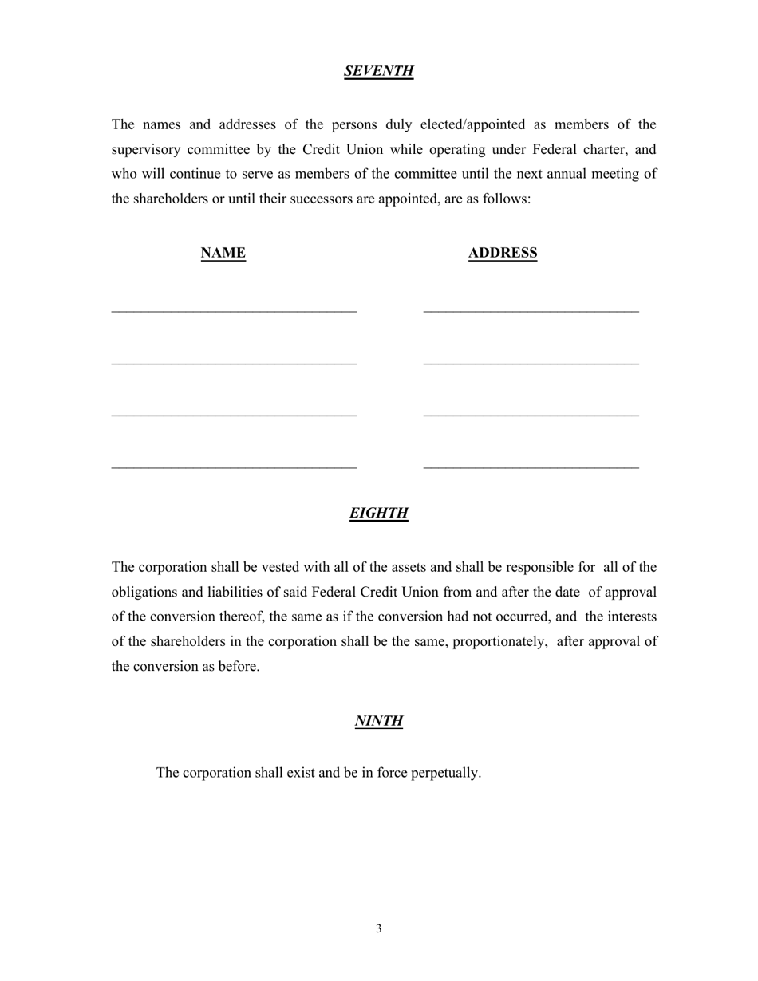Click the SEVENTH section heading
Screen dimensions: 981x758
point(378,71)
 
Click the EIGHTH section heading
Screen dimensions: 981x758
point(378,513)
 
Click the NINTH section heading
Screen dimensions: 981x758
point(378,721)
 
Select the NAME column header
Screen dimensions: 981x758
point(223,253)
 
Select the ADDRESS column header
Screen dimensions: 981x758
point(502,253)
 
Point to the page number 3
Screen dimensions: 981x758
point(378,928)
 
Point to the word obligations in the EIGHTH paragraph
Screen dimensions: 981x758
point(146,592)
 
